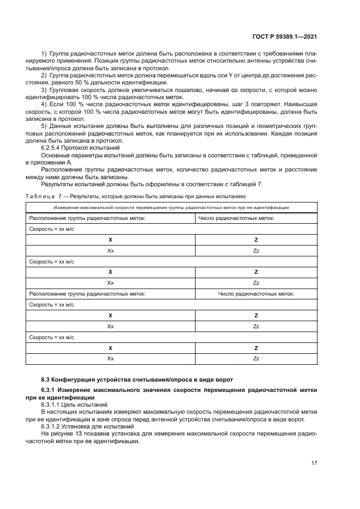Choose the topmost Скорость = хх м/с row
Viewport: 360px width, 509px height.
tap(51, 229)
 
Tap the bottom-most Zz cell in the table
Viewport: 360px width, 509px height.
tap(256, 359)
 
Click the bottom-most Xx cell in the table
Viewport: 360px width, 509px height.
tap(111, 359)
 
